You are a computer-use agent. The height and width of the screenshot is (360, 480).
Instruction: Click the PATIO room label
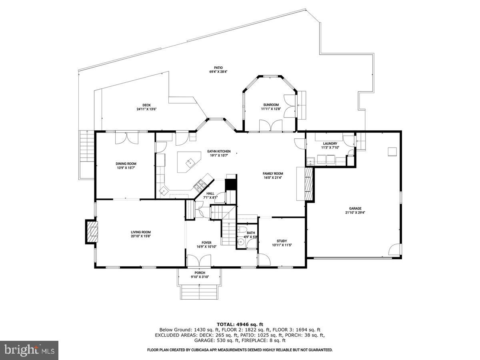pos(218,68)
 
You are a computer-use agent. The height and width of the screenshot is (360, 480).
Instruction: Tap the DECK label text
pos(146,105)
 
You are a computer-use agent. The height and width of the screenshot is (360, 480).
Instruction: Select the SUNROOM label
pos(271,105)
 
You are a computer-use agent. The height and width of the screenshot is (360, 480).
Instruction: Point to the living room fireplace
pos(92,231)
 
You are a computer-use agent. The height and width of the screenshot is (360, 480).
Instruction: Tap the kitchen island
pos(188,162)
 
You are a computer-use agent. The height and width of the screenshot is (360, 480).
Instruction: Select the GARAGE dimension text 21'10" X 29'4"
pos(355,213)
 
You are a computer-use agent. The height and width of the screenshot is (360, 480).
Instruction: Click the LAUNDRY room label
pos(330,144)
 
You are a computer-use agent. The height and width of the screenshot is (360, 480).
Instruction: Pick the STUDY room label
pos(282,241)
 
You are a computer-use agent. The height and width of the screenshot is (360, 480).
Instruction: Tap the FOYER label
pos(206,242)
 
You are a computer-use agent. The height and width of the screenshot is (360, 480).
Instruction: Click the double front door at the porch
pos(199,262)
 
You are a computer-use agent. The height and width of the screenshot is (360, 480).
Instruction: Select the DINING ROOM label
pos(126,164)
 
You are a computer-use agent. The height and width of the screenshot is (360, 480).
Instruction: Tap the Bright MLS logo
pos(29,350)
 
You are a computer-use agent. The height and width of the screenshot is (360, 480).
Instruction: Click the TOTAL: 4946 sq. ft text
pos(240,324)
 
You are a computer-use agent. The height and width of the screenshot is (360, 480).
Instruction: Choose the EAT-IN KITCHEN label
pos(218,151)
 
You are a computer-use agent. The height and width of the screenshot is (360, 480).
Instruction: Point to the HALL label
pos(210,193)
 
